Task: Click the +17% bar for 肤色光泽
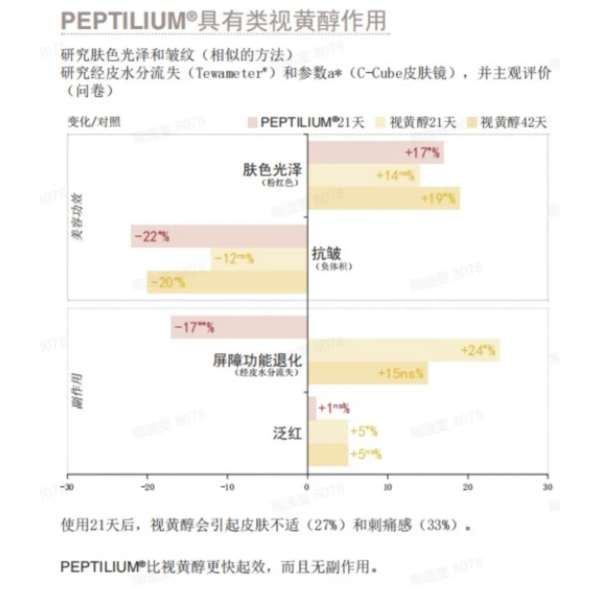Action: [x=376, y=152]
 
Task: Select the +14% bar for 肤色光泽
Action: [x=363, y=176]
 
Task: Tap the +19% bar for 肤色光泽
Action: [x=383, y=198]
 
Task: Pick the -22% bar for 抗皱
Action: [x=219, y=236]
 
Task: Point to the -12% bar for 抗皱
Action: [x=259, y=259]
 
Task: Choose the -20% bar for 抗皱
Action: [x=227, y=282]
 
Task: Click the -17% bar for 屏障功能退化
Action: [x=239, y=327]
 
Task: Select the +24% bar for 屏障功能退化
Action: [x=404, y=351]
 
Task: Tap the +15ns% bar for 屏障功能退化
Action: [x=367, y=373]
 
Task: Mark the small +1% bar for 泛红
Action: [x=312, y=408]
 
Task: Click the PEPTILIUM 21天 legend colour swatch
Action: [x=252, y=123]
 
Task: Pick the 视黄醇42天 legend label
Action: [x=513, y=123]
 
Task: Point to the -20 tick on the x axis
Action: [x=147, y=487]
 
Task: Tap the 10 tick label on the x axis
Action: [x=388, y=487]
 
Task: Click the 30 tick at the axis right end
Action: [x=547, y=487]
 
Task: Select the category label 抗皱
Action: [x=326, y=253]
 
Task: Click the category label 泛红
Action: [x=287, y=433]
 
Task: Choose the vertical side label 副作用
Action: [x=77, y=391]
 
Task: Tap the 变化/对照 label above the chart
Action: [x=94, y=122]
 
